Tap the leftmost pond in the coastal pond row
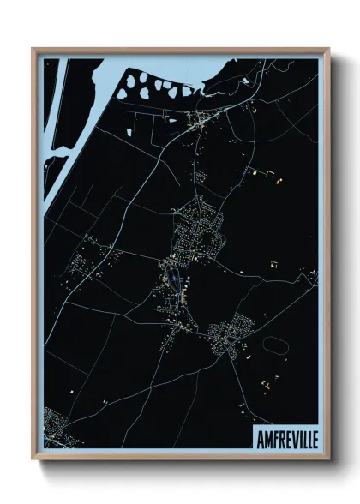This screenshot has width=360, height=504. pos(128,83)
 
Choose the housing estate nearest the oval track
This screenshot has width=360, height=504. pos(231,334)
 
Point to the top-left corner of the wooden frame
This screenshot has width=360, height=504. pos(33,49)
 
